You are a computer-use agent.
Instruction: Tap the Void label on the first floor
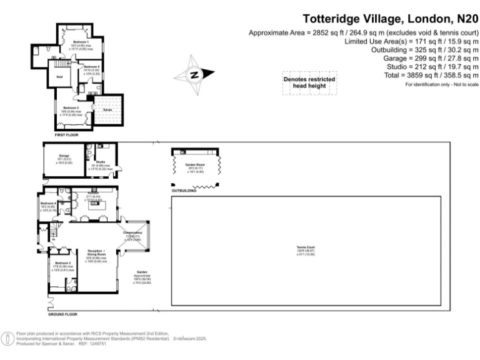point(59,77)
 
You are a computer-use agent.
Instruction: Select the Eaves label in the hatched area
point(107,109)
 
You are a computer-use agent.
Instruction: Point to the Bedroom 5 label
point(92,67)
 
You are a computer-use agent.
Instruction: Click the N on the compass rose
point(194,75)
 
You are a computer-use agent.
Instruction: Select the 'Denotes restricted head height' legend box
point(309,82)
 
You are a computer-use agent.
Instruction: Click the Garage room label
point(64,156)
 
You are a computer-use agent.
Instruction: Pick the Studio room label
point(100,162)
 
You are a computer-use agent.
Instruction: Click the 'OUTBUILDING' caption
point(184,191)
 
